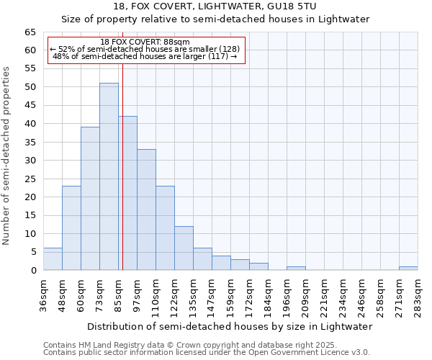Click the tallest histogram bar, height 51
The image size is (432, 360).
point(109,176)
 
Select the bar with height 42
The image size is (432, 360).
point(128,193)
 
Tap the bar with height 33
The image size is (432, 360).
point(146,210)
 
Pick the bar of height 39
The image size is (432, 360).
point(90,198)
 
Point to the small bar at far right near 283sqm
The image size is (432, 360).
point(408,269)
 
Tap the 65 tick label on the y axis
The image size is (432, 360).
point(30,32)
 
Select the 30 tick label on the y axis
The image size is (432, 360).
point(30,161)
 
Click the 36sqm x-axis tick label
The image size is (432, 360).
point(44,294)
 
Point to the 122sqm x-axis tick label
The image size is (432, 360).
point(175,294)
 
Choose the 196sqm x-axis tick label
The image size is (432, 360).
point(287,294)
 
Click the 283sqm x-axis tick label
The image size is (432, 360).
point(418,294)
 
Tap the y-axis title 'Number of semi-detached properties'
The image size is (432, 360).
point(7,156)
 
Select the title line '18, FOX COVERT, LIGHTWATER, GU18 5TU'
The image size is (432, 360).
point(215,6)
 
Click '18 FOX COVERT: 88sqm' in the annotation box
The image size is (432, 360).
point(145,42)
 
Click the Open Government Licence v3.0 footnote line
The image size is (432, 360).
point(207,352)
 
